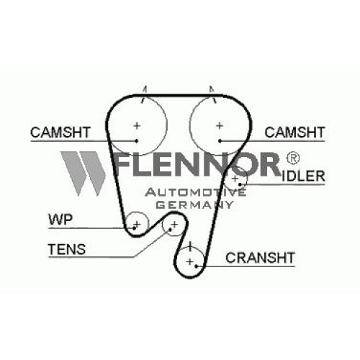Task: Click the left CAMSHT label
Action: pyautogui.click(x=60, y=132)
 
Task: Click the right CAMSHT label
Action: pyautogui.click(x=294, y=132)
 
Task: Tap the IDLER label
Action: pyautogui.click(x=303, y=176)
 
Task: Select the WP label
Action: pyautogui.click(x=60, y=220)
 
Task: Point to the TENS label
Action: pyautogui.click(x=67, y=249)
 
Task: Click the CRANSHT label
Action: pyautogui.click(x=260, y=258)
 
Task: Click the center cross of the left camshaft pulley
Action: pyautogui.click(x=137, y=125)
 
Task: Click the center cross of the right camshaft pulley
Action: pyautogui.click(x=220, y=125)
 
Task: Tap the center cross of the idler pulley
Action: pyautogui.click(x=235, y=179)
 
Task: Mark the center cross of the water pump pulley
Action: pyautogui.click(x=137, y=225)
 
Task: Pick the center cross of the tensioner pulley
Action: pyautogui.click(x=174, y=225)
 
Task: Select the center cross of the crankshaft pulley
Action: pyautogui.click(x=189, y=261)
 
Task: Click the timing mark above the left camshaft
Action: pyautogui.click(x=144, y=94)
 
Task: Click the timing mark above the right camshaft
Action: pyautogui.click(x=212, y=94)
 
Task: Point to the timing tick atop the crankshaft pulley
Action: pyautogui.click(x=190, y=246)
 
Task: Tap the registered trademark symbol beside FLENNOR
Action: pyautogui.click(x=293, y=158)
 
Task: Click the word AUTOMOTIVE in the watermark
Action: pyautogui.click(x=196, y=192)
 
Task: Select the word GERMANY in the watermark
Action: pyautogui.click(x=194, y=204)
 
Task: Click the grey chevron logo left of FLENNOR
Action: pyautogui.click(x=84, y=174)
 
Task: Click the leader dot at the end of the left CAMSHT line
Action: pyautogui.click(x=137, y=141)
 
